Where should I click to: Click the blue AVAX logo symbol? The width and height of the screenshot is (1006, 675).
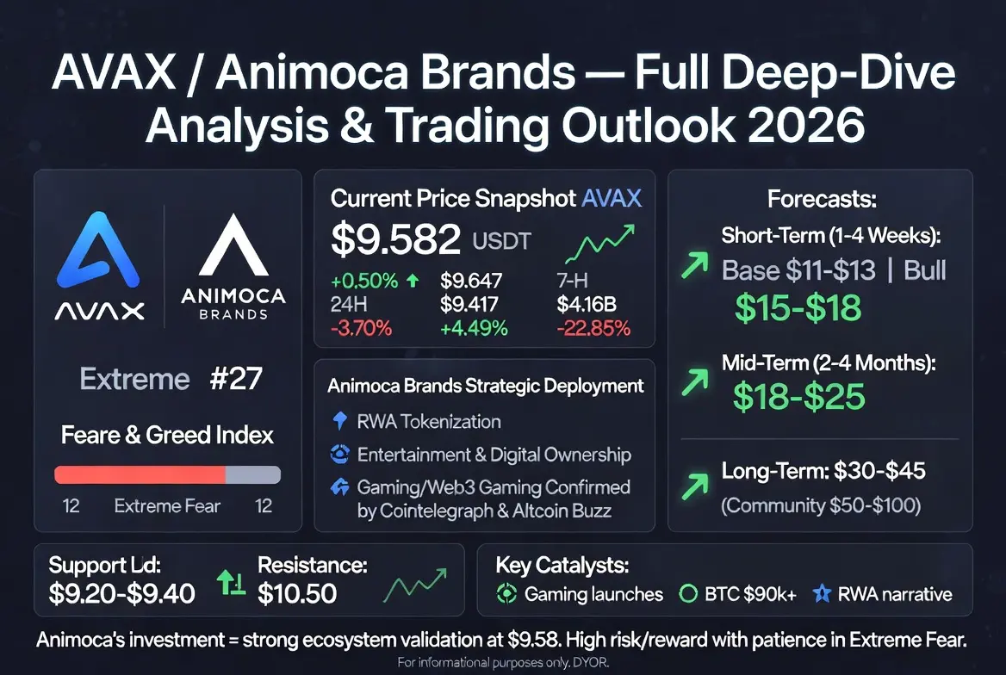[x=98, y=251]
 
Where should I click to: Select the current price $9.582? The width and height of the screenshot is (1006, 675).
[x=395, y=238]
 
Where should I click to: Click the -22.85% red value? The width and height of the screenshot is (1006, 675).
[x=593, y=329]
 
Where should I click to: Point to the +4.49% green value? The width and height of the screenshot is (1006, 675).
[x=474, y=329]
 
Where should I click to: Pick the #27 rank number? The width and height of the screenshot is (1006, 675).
[x=236, y=379]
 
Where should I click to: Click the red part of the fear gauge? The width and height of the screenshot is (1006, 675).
[x=140, y=474]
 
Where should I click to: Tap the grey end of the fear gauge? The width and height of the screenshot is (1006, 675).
[x=253, y=474]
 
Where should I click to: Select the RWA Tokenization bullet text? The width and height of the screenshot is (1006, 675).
[x=429, y=422]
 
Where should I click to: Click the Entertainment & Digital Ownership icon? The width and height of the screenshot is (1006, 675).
[x=339, y=454]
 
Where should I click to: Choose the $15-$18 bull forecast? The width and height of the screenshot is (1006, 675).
[x=798, y=307]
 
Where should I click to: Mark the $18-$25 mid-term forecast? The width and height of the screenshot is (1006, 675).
[x=799, y=397]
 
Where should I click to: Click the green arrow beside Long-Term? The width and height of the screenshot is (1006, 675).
[x=695, y=486]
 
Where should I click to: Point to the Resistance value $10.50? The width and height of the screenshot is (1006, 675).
[x=297, y=593]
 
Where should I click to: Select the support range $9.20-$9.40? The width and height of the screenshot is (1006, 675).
[x=122, y=593]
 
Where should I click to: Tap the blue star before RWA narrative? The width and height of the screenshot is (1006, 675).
[x=822, y=593]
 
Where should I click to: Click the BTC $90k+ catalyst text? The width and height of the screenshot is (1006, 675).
[x=751, y=594]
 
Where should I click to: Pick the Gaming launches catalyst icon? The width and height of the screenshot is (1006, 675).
[x=506, y=593]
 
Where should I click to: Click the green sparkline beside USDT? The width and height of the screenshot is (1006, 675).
[x=599, y=244]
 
